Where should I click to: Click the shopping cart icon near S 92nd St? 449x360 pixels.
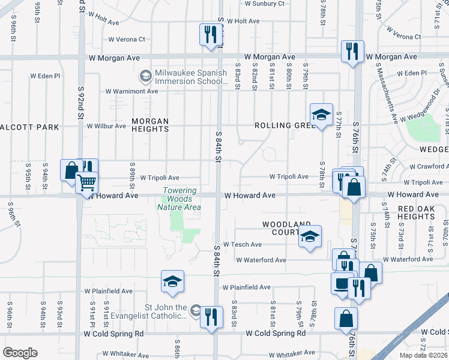(x=87, y=182)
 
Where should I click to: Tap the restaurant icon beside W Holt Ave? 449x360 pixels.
(x=209, y=34)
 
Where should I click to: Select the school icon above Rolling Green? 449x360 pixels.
(x=321, y=115)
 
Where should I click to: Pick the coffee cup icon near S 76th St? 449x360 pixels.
(x=343, y=284)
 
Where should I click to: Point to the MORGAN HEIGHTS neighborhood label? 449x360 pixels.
(x=150, y=125)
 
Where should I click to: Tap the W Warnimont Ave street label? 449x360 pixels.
(x=131, y=92)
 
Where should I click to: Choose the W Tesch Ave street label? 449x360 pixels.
(x=243, y=245)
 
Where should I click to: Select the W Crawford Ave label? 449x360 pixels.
(x=429, y=167)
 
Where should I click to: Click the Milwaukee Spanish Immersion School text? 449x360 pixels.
(x=190, y=77)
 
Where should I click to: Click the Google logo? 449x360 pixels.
(x=20, y=353)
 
